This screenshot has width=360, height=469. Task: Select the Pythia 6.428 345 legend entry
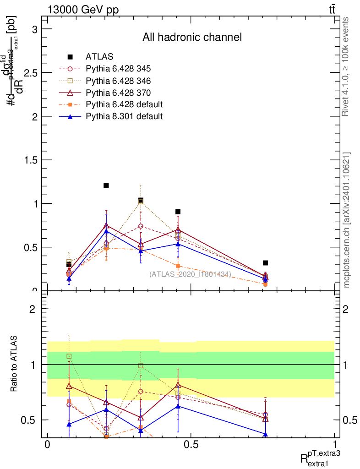pos(118,69)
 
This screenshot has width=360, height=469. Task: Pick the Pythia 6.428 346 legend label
pos(118,81)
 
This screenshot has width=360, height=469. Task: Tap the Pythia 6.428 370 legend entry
pos(118,93)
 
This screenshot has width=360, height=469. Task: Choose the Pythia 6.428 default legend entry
pos(124,104)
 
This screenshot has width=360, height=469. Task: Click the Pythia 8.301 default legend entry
pos(124,116)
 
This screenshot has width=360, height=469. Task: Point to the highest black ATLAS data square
pos(106,185)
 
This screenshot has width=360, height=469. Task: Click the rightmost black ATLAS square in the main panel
pos(265,263)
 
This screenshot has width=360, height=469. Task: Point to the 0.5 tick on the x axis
pos(191,445)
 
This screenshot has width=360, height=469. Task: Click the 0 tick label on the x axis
pos(47,445)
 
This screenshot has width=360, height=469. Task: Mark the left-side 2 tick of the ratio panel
pos(33,309)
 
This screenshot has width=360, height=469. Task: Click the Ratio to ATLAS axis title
pos(14,364)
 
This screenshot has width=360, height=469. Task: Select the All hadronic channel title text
pos(191,37)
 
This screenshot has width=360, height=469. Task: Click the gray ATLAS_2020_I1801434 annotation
pos(190,274)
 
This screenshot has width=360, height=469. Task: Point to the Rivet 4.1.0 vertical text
pos(346,66)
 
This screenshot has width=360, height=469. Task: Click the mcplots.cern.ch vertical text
pos(346,220)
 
